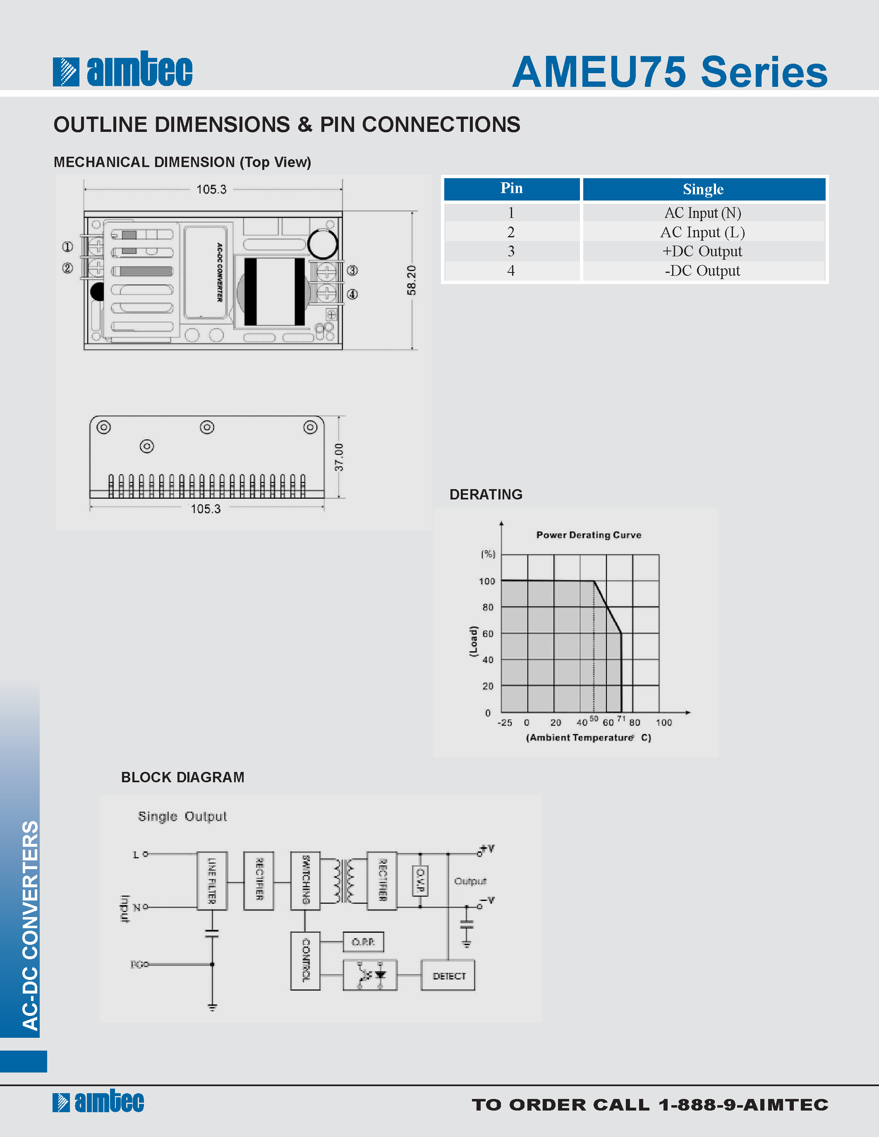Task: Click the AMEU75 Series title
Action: [670, 72]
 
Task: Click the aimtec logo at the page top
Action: [123, 70]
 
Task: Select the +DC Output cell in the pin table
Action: [702, 251]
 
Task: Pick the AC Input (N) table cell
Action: [702, 213]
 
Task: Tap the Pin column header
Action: [511, 189]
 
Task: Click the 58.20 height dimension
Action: [412, 280]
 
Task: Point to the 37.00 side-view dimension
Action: [339, 457]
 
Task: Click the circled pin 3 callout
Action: [352, 271]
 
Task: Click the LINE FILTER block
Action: [212, 881]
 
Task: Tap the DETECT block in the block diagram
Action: [448, 976]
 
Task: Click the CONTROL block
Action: [306, 960]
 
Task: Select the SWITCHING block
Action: [306, 881]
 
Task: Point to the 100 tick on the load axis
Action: [487, 581]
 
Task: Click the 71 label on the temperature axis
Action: [621, 719]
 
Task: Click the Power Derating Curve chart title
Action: [589, 535]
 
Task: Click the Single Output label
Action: [182, 816]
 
